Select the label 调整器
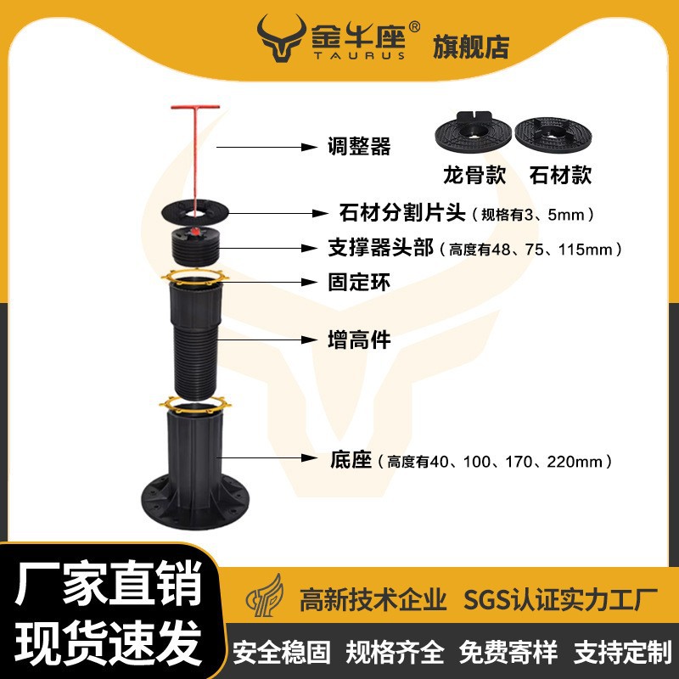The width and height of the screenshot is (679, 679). click(359, 147)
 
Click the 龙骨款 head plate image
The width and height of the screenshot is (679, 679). click(473, 133)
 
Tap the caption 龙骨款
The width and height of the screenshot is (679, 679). click(474, 176)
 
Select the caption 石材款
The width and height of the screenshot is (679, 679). click(559, 176)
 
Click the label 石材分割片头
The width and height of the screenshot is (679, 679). click(395, 212)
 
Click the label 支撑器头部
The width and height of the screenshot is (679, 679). click(380, 249)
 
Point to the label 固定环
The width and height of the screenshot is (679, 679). click(359, 283)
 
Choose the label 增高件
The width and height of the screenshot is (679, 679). click(359, 339)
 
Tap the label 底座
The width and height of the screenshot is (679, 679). click(351, 461)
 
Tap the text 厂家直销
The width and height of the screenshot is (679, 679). click(109, 587)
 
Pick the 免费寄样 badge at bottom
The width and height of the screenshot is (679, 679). click(508, 652)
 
